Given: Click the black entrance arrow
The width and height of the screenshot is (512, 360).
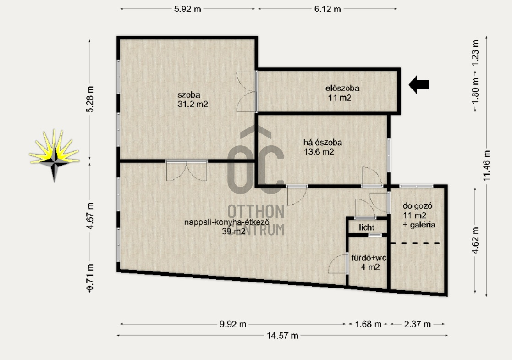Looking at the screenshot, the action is coord(419,84).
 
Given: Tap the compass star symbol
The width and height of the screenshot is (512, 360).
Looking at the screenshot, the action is coord(54,155).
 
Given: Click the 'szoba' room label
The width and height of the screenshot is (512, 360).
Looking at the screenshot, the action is coord(189,95).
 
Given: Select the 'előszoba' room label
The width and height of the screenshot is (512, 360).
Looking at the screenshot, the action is coord(342,88).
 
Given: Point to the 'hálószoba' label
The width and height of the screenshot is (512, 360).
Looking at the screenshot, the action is coord(323,143).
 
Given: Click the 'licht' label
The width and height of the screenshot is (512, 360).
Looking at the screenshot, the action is coord(366,227).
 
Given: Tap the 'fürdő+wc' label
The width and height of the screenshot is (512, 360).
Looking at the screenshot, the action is coord(369,258).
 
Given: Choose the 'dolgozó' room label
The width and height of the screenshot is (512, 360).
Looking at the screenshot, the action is coord(417,206).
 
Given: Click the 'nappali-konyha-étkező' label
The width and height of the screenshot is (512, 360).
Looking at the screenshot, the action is coord(226,222).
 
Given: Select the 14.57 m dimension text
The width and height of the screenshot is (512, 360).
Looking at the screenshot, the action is coord(282,336).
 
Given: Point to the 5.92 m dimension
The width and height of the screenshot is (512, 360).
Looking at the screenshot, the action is coord(187,9).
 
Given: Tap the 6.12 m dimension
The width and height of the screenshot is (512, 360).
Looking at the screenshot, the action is coord(328,9).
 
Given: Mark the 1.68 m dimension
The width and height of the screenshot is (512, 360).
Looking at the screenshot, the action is coord(369,324).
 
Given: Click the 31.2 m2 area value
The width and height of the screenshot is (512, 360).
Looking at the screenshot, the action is coord(193,104).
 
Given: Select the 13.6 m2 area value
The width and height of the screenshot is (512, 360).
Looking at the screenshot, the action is coord(319,152).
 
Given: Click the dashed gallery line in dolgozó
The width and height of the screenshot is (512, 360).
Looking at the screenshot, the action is coord(415,243).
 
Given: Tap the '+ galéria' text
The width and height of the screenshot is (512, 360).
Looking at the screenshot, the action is coord(419,225).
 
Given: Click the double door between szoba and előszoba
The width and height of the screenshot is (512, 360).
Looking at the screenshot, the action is coord(247,91).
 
